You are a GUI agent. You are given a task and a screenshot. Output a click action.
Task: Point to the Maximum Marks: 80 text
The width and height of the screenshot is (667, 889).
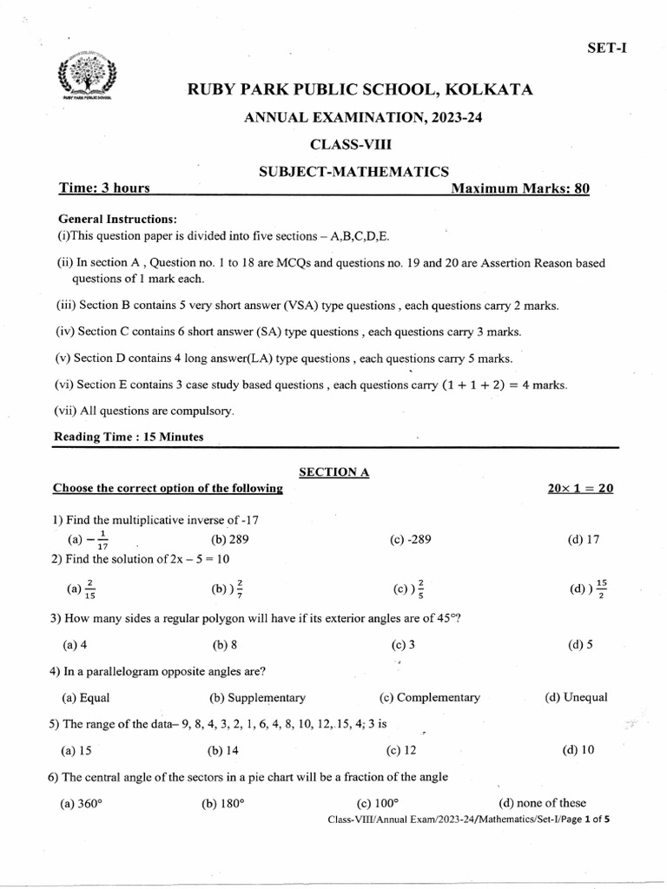coord(520,188)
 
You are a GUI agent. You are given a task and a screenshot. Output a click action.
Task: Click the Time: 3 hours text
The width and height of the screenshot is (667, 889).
coord(103,188)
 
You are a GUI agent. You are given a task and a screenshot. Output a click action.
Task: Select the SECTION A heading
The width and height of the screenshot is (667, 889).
coord(334,471)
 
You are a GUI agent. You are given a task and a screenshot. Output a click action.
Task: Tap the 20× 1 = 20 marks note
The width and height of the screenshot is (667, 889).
coord(576,489)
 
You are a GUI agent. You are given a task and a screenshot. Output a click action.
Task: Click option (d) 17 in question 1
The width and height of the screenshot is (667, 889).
coord(584,539)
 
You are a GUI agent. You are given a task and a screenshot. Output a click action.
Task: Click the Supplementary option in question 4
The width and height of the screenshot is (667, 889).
coord(257,697)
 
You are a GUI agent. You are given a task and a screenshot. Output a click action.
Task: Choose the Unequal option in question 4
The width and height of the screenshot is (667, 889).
coord(576,697)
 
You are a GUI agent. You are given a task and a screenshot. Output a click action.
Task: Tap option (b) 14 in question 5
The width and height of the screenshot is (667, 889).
coord(223,750)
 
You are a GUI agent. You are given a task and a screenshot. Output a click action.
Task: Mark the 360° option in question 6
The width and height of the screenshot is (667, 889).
coord(82,803)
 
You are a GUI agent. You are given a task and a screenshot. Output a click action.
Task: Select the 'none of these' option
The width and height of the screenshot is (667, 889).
coord(542,803)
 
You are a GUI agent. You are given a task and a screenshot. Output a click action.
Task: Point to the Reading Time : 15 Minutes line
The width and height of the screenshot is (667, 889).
coord(129,437)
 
